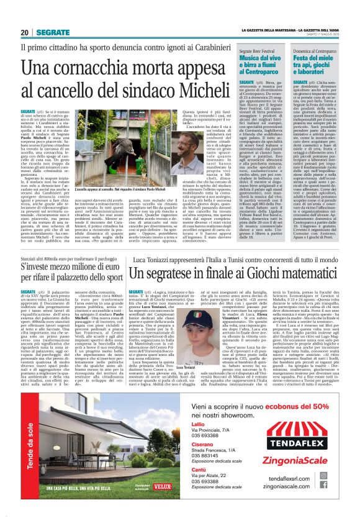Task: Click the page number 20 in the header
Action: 25,32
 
